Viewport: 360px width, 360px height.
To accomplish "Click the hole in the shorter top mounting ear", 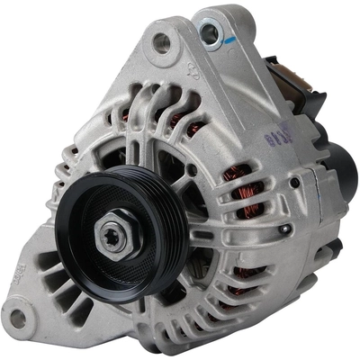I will pyautogui.click(x=163, y=40).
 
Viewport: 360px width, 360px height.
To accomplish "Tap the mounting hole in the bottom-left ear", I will pyautogui.click(x=17, y=316).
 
